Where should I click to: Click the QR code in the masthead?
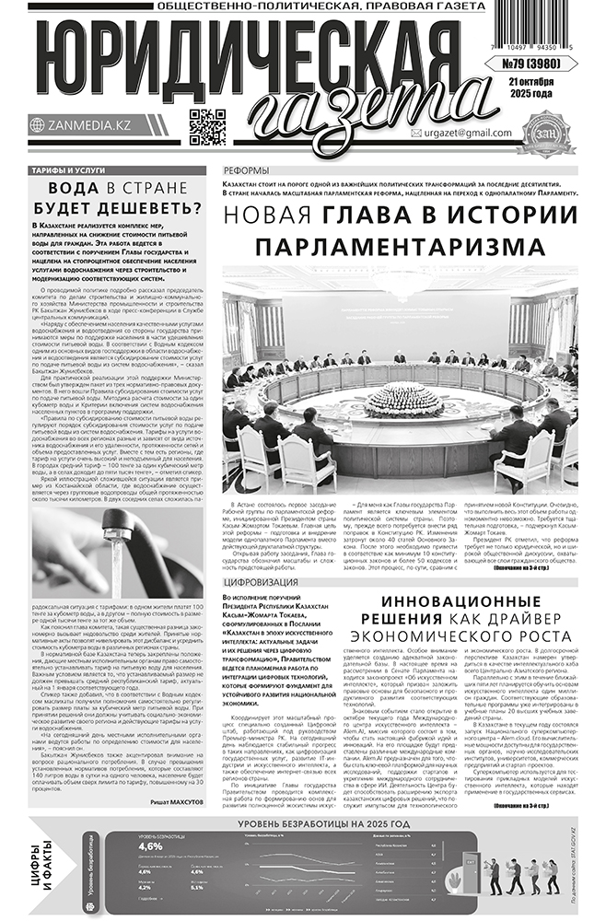point(207,127)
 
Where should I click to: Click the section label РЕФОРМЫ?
point(248,172)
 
